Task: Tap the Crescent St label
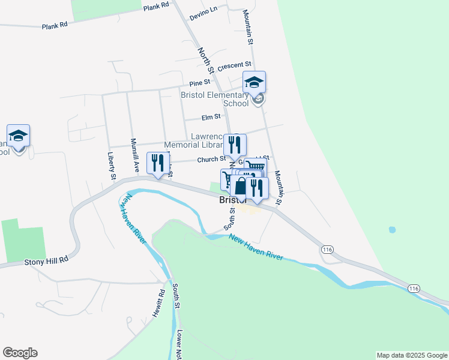[234, 65]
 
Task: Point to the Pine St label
[200, 82]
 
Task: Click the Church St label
[211, 159]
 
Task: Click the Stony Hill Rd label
[47, 262]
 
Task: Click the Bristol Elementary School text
[215, 99]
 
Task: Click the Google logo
[20, 353]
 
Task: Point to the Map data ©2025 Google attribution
[412, 355]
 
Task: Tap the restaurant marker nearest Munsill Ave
[158, 163]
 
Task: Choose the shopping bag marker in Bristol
[240, 187]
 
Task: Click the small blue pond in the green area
[392, 230]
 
